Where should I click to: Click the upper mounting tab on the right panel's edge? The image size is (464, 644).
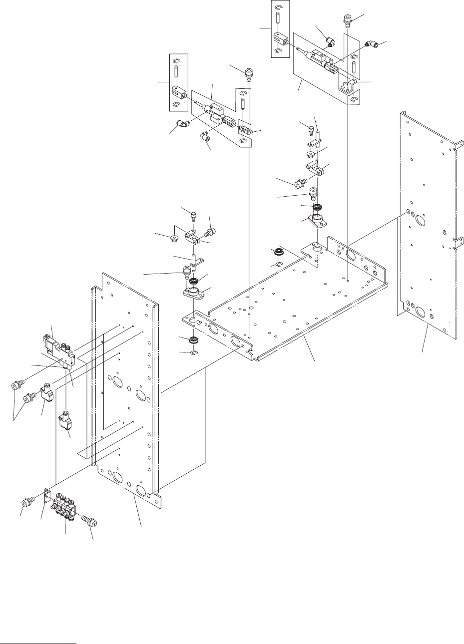click(x=457, y=145)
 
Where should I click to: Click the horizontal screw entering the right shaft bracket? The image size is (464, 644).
click(x=301, y=184)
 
